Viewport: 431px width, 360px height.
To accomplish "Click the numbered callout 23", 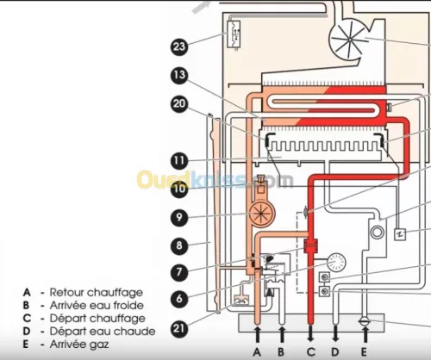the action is (x=179, y=47).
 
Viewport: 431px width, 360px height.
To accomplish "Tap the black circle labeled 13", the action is (x=179, y=75).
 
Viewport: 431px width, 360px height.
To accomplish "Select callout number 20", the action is (x=179, y=103).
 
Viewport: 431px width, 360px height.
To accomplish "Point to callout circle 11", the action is (x=179, y=160).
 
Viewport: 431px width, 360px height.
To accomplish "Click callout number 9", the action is (x=179, y=217).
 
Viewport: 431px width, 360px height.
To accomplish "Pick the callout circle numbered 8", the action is (x=179, y=245).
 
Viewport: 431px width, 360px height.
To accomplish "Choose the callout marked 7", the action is (x=179, y=271).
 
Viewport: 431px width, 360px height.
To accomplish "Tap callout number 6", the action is (x=179, y=299).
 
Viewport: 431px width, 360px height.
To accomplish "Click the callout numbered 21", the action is (x=179, y=328).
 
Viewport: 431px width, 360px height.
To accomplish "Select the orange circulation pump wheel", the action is (x=261, y=214).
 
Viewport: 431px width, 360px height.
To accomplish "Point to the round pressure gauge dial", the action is (x=336, y=262).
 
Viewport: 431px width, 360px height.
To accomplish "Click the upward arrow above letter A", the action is (x=258, y=334).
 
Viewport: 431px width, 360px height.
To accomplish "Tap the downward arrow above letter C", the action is (x=311, y=334).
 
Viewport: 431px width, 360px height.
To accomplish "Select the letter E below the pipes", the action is (x=364, y=351).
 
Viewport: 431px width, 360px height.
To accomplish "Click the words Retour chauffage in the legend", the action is (x=97, y=293).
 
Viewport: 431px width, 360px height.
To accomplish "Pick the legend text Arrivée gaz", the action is (x=79, y=344).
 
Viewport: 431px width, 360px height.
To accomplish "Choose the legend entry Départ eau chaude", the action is (x=103, y=332).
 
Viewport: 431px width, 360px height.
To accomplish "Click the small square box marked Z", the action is (x=400, y=234).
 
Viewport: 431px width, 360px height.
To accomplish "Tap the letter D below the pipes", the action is (x=335, y=351).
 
